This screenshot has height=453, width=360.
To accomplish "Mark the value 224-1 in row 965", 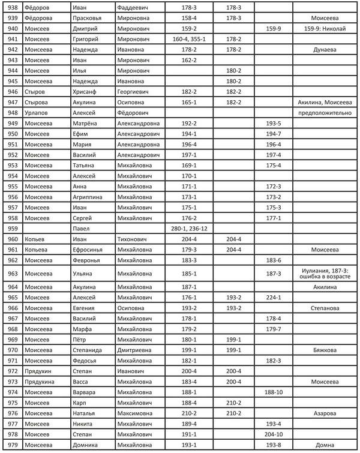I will point(274,297).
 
